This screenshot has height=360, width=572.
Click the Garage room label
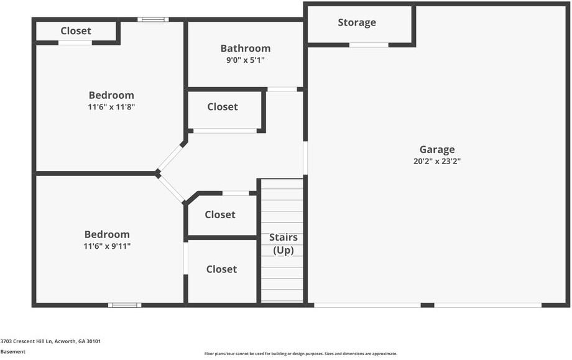pyautogui.click(x=436, y=149)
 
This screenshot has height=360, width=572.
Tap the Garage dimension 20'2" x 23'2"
pyautogui.click(x=436, y=161)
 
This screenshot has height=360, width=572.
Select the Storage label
pyautogui.click(x=357, y=22)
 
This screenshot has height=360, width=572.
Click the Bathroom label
pyautogui.click(x=246, y=48)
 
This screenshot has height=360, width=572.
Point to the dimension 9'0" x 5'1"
pyautogui.click(x=246, y=60)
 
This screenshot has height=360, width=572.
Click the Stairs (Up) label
pyautogui.click(x=283, y=244)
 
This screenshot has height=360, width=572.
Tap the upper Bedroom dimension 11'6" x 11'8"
pyautogui.click(x=111, y=107)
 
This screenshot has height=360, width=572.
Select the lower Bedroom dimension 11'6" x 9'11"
pyautogui.click(x=108, y=246)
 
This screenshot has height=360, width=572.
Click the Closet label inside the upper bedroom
pyautogui.click(x=76, y=30)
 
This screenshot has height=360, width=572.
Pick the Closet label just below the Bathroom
pyautogui.click(x=223, y=106)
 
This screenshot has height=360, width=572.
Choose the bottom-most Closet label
pyautogui.click(x=221, y=269)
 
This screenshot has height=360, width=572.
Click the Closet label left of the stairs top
pyautogui.click(x=220, y=215)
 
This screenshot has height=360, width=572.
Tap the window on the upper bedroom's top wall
pyautogui.click(x=153, y=19)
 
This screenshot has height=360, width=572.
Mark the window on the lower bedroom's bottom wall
pyautogui.click(x=124, y=305)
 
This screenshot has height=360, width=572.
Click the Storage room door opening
pyautogui.click(x=369, y=45)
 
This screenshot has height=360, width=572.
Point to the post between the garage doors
pyautogui.click(x=427, y=305)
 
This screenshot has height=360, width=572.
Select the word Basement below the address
pyautogui.click(x=13, y=351)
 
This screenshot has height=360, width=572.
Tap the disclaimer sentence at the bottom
pyautogui.click(x=300, y=354)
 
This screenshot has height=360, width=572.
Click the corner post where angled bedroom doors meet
pyautogui.click(x=158, y=174)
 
